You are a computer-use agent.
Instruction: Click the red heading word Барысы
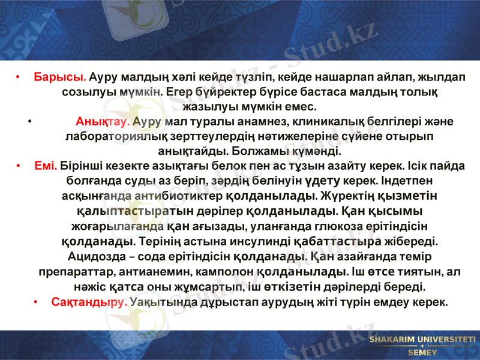(x=60, y=78)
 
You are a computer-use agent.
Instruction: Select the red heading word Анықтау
(x=103, y=122)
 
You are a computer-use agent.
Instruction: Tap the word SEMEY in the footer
(x=422, y=353)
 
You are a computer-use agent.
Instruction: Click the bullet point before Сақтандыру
(x=37, y=302)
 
